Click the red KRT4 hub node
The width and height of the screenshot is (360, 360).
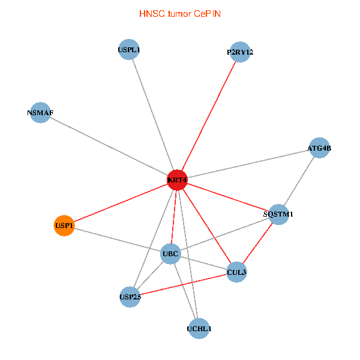coord(177,180)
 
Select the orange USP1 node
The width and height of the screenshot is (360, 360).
coord(64,226)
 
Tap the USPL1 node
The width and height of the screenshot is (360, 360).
coord(129,50)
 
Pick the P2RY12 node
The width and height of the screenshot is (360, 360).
coord(240,52)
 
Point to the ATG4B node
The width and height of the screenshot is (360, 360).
coord(319,148)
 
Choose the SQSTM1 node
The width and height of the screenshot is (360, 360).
coord(278,214)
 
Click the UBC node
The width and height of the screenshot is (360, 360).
coord(170,254)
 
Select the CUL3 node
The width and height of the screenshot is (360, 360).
coord(236,272)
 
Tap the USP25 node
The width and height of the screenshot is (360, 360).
coord(130,296)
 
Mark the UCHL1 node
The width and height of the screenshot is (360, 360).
coord(199,329)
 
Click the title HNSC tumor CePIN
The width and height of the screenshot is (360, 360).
coord(179,13)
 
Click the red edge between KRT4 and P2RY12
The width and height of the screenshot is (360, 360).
coord(209,116)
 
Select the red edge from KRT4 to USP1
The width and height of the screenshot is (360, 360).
coord(120,203)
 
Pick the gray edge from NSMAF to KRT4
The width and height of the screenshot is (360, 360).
coord(108,146)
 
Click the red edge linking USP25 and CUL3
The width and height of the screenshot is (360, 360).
coord(183,284)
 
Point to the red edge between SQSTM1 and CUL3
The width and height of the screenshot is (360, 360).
coord(257,243)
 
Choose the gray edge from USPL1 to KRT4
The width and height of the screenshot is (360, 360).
coord(153,115)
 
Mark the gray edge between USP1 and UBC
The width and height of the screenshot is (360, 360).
coord(117,240)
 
